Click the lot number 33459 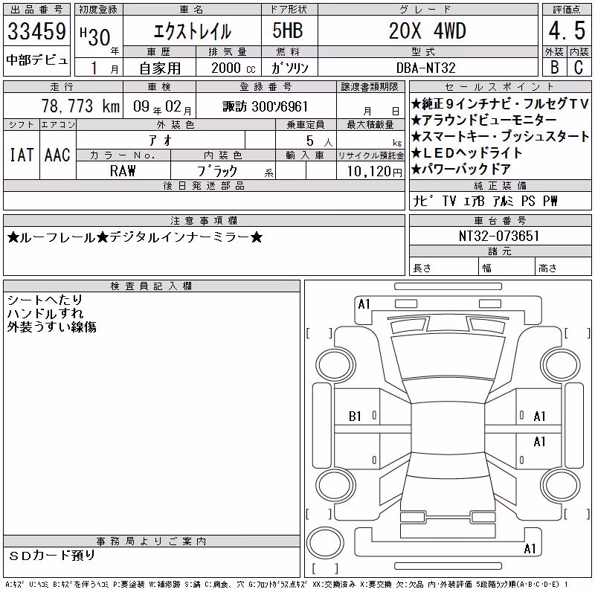tap(36, 31)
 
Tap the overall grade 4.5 tap(567, 30)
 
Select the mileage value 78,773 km tap(80, 106)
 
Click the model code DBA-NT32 tap(425, 68)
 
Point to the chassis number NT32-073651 tap(499, 236)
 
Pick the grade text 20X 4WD tap(427, 30)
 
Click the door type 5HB tap(288, 30)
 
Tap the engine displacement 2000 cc tap(234, 68)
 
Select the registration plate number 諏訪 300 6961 tap(265, 106)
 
